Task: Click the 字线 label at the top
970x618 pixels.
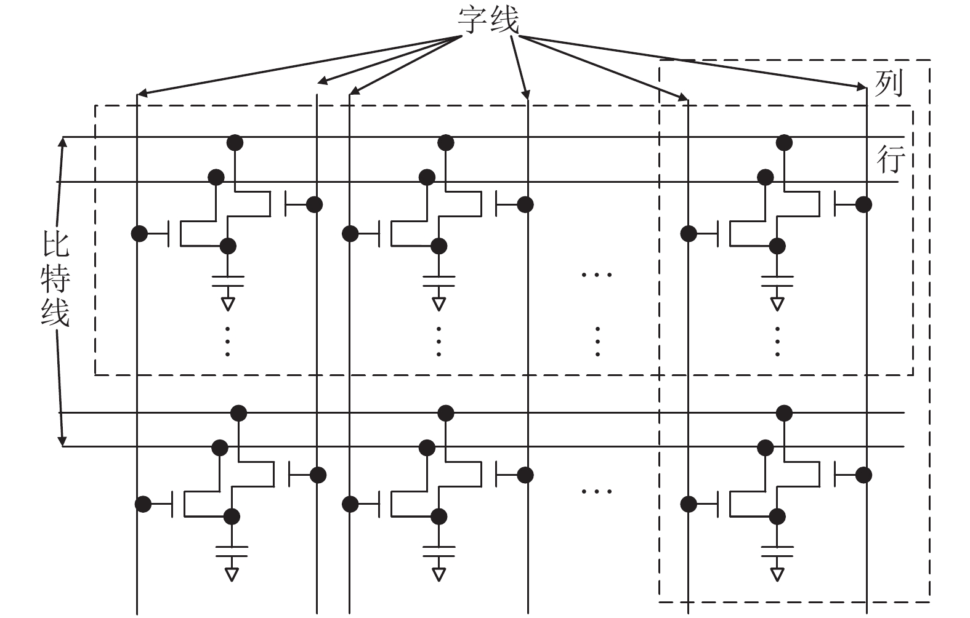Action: click(488, 20)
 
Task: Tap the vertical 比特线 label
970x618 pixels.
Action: click(55, 279)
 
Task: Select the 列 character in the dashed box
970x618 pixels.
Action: click(889, 84)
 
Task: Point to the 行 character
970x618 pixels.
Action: click(891, 159)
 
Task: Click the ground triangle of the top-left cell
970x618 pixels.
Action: click(228, 304)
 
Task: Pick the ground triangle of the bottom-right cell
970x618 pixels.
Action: click(777, 574)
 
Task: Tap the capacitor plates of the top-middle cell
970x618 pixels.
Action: click(439, 281)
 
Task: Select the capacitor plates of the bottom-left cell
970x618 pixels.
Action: click(232, 552)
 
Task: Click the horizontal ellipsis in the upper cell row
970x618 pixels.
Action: click(597, 275)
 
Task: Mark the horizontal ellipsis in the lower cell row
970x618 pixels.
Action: click(597, 491)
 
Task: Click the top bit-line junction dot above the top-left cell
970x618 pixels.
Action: click(235, 142)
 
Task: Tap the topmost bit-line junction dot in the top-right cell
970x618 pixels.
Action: click(784, 142)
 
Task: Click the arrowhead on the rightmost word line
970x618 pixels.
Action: click(862, 87)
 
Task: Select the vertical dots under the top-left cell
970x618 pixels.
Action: click(228, 342)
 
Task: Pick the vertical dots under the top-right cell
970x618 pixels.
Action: click(777, 342)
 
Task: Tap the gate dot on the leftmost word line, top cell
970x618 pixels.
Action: click(139, 234)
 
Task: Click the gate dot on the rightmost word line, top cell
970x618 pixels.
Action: click(863, 204)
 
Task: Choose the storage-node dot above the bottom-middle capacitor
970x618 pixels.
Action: click(439, 516)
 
